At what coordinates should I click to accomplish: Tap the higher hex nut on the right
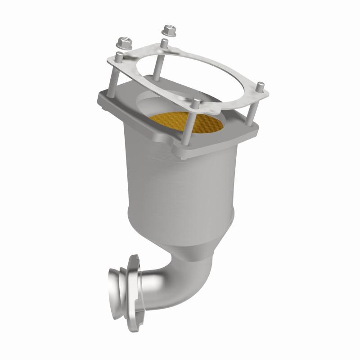tap(170, 30)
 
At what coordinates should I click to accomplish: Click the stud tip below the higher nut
tap(165, 43)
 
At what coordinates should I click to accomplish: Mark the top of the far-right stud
tap(260, 84)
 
